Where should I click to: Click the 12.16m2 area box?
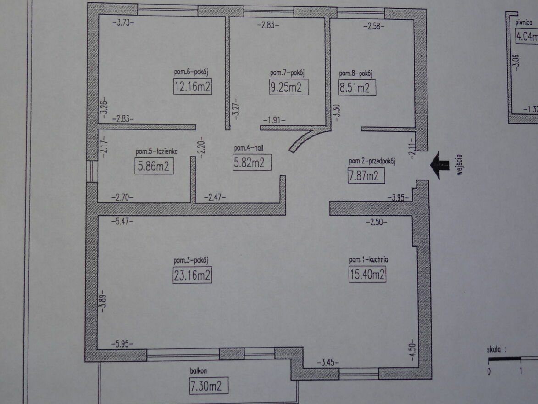193,86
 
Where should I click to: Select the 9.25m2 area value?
288,87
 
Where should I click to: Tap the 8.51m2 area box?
357,88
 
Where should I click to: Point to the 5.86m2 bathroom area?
154,166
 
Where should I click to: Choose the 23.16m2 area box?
192,275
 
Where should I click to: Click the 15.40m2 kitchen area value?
367,274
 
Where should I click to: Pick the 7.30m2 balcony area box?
208,386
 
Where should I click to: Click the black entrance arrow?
440,165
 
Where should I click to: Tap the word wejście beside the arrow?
460,165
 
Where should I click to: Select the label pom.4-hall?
249,148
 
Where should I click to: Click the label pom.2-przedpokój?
372,161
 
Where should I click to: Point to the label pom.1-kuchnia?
368,259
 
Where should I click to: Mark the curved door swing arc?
306,139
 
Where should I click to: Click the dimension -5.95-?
122,343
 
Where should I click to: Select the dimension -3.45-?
327,362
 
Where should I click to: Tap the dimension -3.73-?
123,23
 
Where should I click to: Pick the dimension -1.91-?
274,120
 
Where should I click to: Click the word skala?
494,350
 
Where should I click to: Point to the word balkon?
198,370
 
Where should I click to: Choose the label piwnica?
524,22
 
